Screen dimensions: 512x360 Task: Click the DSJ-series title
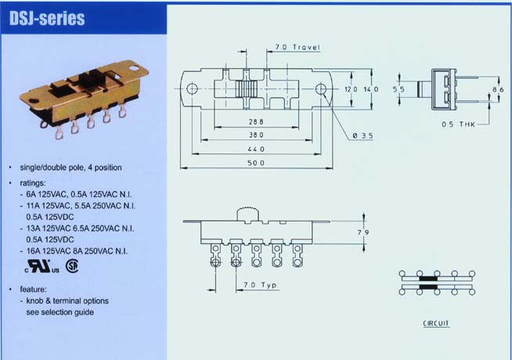coord(47,18)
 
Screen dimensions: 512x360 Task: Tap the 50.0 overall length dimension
coord(256,163)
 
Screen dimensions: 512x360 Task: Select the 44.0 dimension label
coord(256,149)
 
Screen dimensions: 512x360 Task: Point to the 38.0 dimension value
coord(256,135)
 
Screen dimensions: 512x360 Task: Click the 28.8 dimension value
coord(256,122)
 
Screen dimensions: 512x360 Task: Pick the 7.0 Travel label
coord(297,47)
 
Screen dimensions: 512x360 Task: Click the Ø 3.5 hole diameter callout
coord(362,135)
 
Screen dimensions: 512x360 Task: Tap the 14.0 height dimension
coord(371,89)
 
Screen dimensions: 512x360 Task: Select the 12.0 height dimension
coord(351,89)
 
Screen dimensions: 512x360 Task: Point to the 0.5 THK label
coord(459,124)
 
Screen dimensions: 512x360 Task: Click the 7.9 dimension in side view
coord(363,232)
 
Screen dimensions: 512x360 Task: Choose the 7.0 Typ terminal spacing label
coord(260,285)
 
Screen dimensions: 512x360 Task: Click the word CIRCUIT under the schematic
coord(436,323)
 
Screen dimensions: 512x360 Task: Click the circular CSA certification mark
coord(72,266)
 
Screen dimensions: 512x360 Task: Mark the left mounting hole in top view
coord(192,88)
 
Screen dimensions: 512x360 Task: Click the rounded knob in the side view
coord(247,214)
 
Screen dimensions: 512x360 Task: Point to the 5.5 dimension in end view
coord(398,89)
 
